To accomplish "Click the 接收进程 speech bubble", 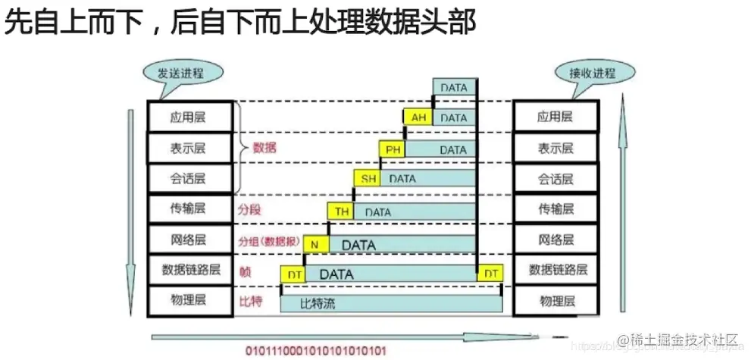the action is (592, 74).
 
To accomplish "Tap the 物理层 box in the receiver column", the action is (555, 300).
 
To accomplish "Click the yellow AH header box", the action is (418, 117).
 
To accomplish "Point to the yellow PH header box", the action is (393, 150).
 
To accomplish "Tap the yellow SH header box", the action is (368, 179).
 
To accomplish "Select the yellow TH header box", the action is (342, 212).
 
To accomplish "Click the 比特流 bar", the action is (391, 304).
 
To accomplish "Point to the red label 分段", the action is (249, 208).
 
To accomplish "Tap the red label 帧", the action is (244, 271).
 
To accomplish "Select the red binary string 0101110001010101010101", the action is (315, 351).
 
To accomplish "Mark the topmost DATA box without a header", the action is (455, 88).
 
